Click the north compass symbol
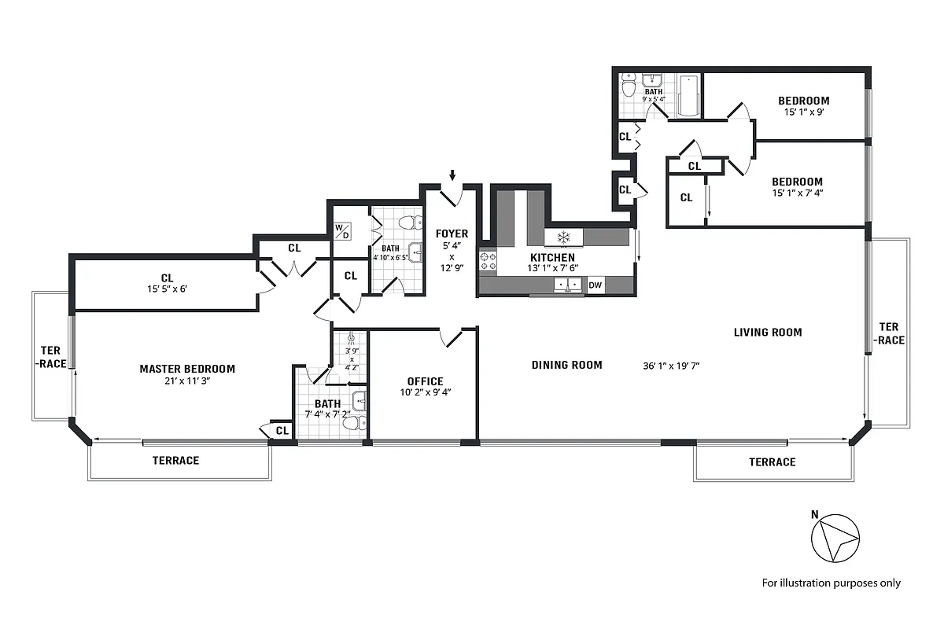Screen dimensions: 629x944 835,539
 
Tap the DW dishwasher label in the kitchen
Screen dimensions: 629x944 596,285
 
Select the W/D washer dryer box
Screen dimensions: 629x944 343,230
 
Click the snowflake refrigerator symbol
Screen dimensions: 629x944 563,237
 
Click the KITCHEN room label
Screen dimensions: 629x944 551,257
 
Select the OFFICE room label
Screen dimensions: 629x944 425,381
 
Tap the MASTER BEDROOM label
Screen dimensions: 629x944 187,369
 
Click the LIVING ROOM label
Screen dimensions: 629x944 768,332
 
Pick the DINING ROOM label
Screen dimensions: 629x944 566,365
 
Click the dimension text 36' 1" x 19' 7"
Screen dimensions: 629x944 671,366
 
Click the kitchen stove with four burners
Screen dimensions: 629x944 488,262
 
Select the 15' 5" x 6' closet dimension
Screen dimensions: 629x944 167,288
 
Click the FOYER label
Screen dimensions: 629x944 452,234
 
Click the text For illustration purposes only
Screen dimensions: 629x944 831,583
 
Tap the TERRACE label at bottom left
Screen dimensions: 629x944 175,460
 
